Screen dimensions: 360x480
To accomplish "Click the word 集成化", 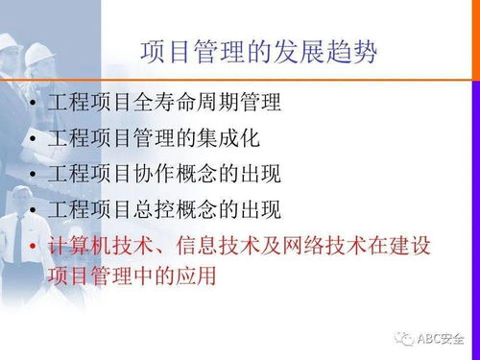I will [230, 137].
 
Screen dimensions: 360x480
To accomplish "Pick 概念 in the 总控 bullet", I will [209, 209].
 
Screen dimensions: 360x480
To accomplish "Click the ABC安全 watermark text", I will [441, 338].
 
